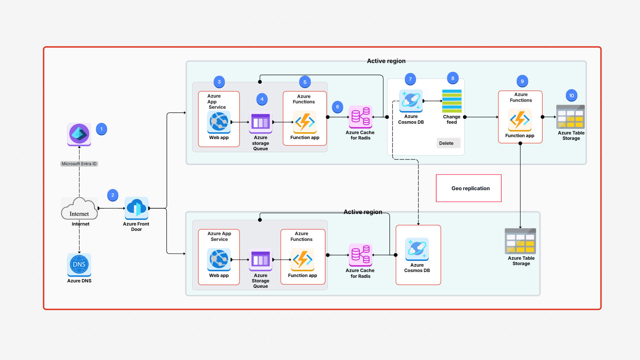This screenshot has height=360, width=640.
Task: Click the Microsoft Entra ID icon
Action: pyautogui.click(x=79, y=134)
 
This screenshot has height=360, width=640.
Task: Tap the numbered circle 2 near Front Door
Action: pyautogui.click(x=113, y=195)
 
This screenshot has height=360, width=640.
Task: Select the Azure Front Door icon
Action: pyautogui.click(x=136, y=208)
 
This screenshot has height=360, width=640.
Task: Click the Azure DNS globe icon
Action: pyautogui.click(x=79, y=264)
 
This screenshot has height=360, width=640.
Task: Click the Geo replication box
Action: pyautogui.click(x=469, y=188)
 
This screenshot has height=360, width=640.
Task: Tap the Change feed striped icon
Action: pyautogui.click(x=452, y=101)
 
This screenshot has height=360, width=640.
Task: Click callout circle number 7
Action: pyautogui.click(x=410, y=79)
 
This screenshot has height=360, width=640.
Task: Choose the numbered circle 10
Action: pyautogui.click(x=571, y=96)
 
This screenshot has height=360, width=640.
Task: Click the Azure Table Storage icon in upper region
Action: pyautogui.click(x=570, y=117)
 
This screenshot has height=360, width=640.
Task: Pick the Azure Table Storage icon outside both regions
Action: pyautogui.click(x=520, y=241)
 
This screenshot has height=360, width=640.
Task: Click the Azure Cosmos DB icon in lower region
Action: pyautogui.click(x=417, y=249)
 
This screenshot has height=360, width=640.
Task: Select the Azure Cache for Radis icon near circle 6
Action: pyautogui.click(x=360, y=117)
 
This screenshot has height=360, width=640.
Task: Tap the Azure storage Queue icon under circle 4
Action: pyautogui.click(x=260, y=123)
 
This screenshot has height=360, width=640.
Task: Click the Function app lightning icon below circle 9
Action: pyautogui.click(x=520, y=120)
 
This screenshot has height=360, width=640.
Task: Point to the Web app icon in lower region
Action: pyautogui.click(x=219, y=259)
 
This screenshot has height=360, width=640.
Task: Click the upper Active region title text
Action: pyautogui.click(x=386, y=61)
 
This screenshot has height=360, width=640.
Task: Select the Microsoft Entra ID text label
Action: pyautogui.click(x=79, y=164)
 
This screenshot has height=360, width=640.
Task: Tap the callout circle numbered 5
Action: pyautogui.click(x=305, y=82)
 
